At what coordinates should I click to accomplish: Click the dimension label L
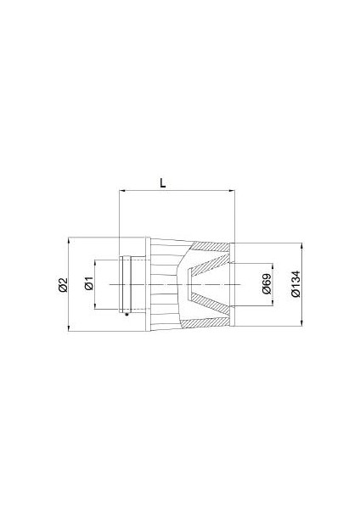(162, 182)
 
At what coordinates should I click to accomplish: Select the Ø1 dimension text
(89, 285)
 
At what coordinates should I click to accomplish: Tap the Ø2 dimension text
(62, 286)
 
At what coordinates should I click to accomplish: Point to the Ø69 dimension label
(266, 286)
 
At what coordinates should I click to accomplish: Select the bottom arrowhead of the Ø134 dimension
(302, 325)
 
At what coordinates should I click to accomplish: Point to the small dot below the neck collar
(126, 316)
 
